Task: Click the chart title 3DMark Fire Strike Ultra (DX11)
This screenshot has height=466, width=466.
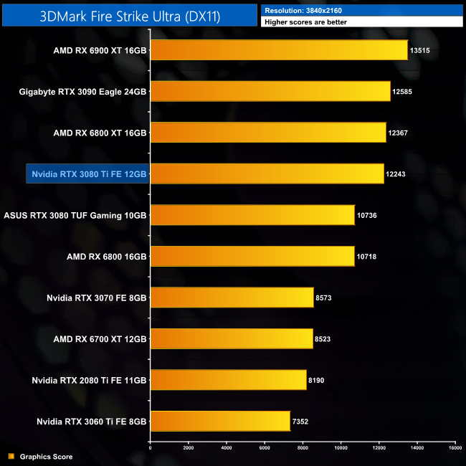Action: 129,15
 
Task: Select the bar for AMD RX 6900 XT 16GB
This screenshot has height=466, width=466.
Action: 279,50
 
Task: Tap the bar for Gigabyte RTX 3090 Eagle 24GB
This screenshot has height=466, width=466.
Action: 270,91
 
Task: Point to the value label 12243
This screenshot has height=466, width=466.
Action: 397,174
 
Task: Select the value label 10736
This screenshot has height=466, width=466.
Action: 367,215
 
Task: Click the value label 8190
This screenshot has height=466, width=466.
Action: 315,380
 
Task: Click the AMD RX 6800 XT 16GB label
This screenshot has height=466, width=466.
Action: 100,133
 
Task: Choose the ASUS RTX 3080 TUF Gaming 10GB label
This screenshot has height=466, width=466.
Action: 75,215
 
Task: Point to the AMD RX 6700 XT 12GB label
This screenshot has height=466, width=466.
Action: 100,339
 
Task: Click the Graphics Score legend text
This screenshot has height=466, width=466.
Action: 46,457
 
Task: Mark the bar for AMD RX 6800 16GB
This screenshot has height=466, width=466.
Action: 252,257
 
